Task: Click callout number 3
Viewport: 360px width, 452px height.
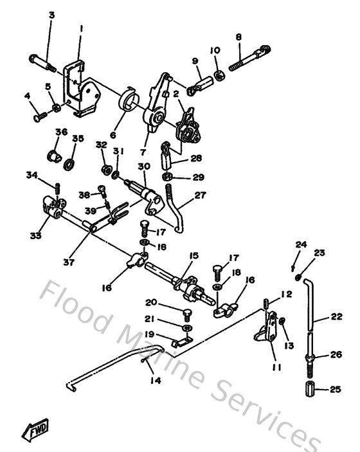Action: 51,14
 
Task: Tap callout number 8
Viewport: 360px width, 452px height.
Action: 239,37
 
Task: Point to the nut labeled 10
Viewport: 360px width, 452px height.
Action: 218,76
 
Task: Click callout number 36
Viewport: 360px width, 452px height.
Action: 61,132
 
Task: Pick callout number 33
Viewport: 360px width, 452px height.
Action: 35,236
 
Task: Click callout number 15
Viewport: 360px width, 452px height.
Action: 193,255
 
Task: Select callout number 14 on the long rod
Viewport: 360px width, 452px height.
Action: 156,380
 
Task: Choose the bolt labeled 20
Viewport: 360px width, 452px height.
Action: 187,314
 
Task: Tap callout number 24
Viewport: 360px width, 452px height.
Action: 298,244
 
